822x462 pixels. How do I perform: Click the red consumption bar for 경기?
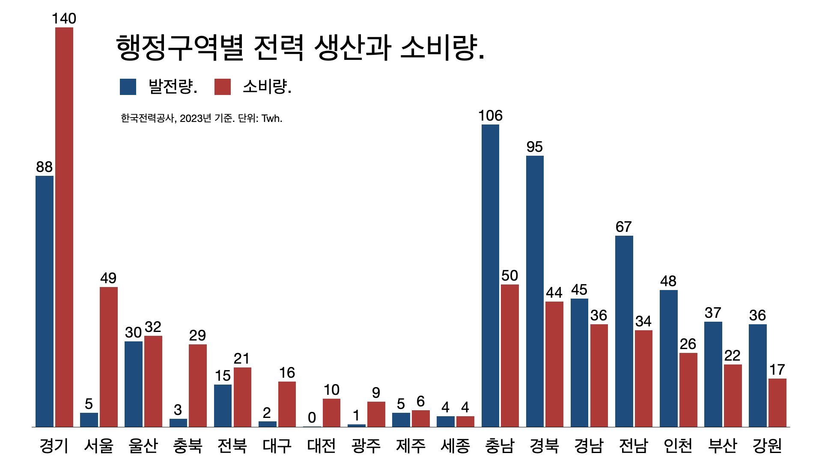64,227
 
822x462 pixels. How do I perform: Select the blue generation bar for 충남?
490,276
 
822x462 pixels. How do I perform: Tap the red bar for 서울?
109,357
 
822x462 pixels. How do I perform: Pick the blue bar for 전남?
624,331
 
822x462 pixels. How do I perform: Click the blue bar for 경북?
535,291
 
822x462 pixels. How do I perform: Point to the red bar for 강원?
777,403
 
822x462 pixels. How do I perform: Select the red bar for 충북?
198,385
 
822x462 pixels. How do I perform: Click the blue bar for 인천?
668,358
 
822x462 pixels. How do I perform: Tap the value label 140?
64,18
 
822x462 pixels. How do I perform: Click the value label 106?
490,115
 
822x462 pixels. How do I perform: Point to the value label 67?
623,227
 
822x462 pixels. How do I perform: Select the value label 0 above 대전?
312,417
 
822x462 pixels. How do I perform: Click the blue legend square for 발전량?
128,87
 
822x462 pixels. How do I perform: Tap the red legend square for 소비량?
223,87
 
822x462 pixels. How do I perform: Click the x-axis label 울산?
143,446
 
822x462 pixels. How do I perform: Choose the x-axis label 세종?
455,446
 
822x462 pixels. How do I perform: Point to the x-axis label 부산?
723,446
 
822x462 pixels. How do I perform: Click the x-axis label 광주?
366,446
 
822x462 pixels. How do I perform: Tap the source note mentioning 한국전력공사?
201,118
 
